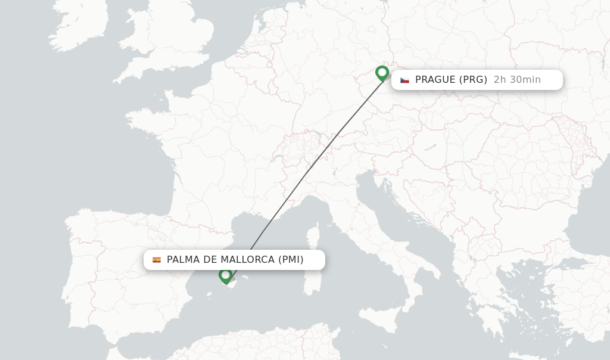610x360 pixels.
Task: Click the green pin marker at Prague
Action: point(382,73)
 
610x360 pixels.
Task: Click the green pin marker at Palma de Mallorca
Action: point(225,275)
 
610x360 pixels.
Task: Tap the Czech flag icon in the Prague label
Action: point(404,80)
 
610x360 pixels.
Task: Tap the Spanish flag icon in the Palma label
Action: point(157,260)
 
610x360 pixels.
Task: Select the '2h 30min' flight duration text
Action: point(517,80)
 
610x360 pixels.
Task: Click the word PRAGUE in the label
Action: point(435,80)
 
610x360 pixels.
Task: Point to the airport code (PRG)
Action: point(473,80)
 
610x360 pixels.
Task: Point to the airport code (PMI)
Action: point(291,260)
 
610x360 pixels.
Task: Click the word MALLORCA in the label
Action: point(247,260)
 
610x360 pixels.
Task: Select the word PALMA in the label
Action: point(183,260)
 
